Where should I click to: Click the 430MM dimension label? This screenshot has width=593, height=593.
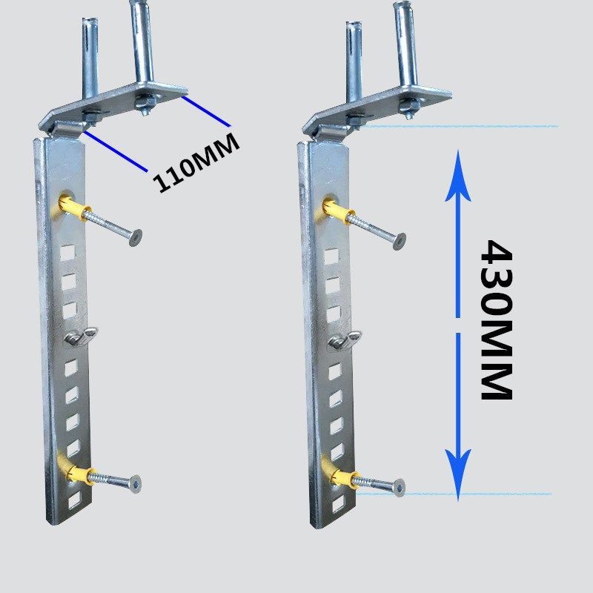click(495, 319)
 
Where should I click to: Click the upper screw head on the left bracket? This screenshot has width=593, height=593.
click(134, 237)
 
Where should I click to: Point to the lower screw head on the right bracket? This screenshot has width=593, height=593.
click(399, 488)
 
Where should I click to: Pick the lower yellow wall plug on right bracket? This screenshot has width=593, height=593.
click(337, 474)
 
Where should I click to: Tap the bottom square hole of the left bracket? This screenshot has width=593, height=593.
click(73, 503)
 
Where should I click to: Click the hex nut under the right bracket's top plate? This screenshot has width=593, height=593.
click(408, 110)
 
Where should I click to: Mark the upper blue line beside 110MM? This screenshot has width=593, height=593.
click(208, 110)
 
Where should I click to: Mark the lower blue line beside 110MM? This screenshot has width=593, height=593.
click(115, 152)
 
